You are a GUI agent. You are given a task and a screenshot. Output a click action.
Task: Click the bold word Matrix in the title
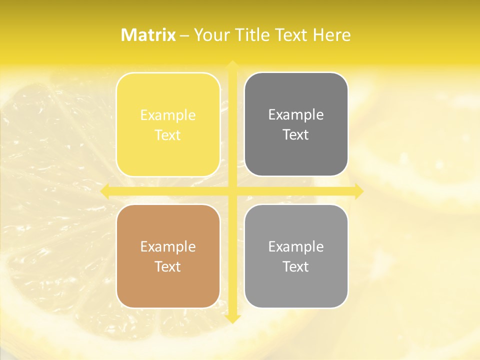(148, 35)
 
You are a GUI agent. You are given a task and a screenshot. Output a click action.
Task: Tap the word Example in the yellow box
(168, 115)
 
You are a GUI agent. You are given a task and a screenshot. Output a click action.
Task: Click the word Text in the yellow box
(168, 135)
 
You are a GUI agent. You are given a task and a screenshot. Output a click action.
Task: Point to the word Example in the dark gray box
(296, 115)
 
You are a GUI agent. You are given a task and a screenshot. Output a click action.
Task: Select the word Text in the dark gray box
(296, 134)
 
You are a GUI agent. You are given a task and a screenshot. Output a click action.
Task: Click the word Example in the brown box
(168, 247)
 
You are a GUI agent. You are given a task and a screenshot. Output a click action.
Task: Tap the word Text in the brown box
(168, 266)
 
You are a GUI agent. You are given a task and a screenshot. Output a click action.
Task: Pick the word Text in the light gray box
(296, 266)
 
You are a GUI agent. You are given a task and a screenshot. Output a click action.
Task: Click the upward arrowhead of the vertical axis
(232, 65)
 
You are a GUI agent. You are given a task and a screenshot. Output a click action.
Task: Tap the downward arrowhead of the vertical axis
(232, 319)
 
